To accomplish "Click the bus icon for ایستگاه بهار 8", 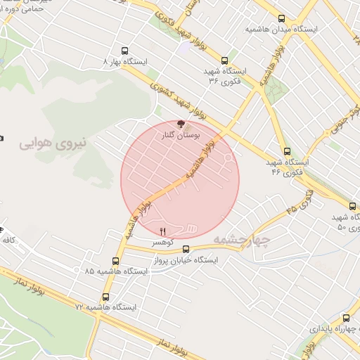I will click(124, 51).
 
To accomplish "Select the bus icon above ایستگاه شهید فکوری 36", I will click(224, 60).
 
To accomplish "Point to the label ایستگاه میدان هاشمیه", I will click(281, 30).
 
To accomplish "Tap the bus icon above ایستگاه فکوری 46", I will click(287, 150).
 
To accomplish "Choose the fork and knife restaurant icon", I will click(163, 231).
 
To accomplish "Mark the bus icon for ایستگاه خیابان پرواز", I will click(186, 249).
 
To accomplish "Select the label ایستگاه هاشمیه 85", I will click(114, 270).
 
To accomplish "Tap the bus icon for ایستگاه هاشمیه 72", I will click(107, 296).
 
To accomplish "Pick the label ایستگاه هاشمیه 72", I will click(106, 307).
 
